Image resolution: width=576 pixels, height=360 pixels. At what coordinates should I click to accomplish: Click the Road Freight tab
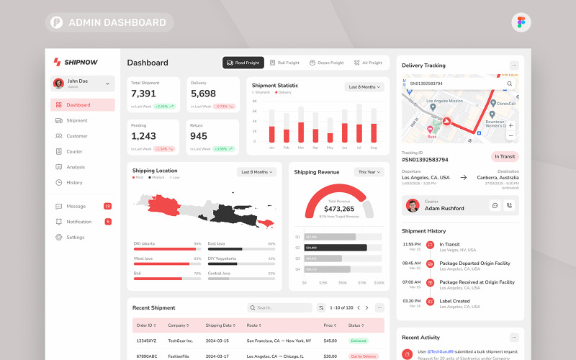[x=243, y=63]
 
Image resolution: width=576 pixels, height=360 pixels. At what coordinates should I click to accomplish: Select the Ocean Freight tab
[x=326, y=63]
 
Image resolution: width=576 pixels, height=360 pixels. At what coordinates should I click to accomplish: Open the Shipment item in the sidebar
[x=77, y=120]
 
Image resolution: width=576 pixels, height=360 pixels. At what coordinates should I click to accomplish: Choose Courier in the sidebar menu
[x=74, y=151]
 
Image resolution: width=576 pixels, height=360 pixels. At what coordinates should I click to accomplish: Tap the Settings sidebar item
[x=76, y=237]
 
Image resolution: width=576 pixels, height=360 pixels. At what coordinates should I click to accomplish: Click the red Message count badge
[x=107, y=206]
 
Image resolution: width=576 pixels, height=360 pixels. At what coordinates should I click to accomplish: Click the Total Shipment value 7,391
[x=143, y=94]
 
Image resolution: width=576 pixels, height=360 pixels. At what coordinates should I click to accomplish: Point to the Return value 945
[x=199, y=136]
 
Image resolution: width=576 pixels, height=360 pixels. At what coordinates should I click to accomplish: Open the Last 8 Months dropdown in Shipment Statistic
[x=364, y=86]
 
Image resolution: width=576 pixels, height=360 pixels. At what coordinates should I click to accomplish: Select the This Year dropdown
[x=369, y=172]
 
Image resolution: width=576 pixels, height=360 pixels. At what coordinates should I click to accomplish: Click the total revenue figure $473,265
[x=339, y=209]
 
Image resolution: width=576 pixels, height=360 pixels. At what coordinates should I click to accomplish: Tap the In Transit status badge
[x=505, y=156]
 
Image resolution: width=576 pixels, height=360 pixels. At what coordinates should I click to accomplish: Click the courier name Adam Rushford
[x=444, y=208]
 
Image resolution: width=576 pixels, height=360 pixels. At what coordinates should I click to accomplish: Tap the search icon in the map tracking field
[x=509, y=84]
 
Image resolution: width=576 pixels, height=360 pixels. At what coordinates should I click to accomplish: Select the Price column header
[x=328, y=325]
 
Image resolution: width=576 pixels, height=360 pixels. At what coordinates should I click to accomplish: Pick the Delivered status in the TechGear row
[x=359, y=341]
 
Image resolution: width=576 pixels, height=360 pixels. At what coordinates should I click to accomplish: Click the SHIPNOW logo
[x=76, y=62]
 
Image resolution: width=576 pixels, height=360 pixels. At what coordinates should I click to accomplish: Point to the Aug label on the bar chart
[x=374, y=147]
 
